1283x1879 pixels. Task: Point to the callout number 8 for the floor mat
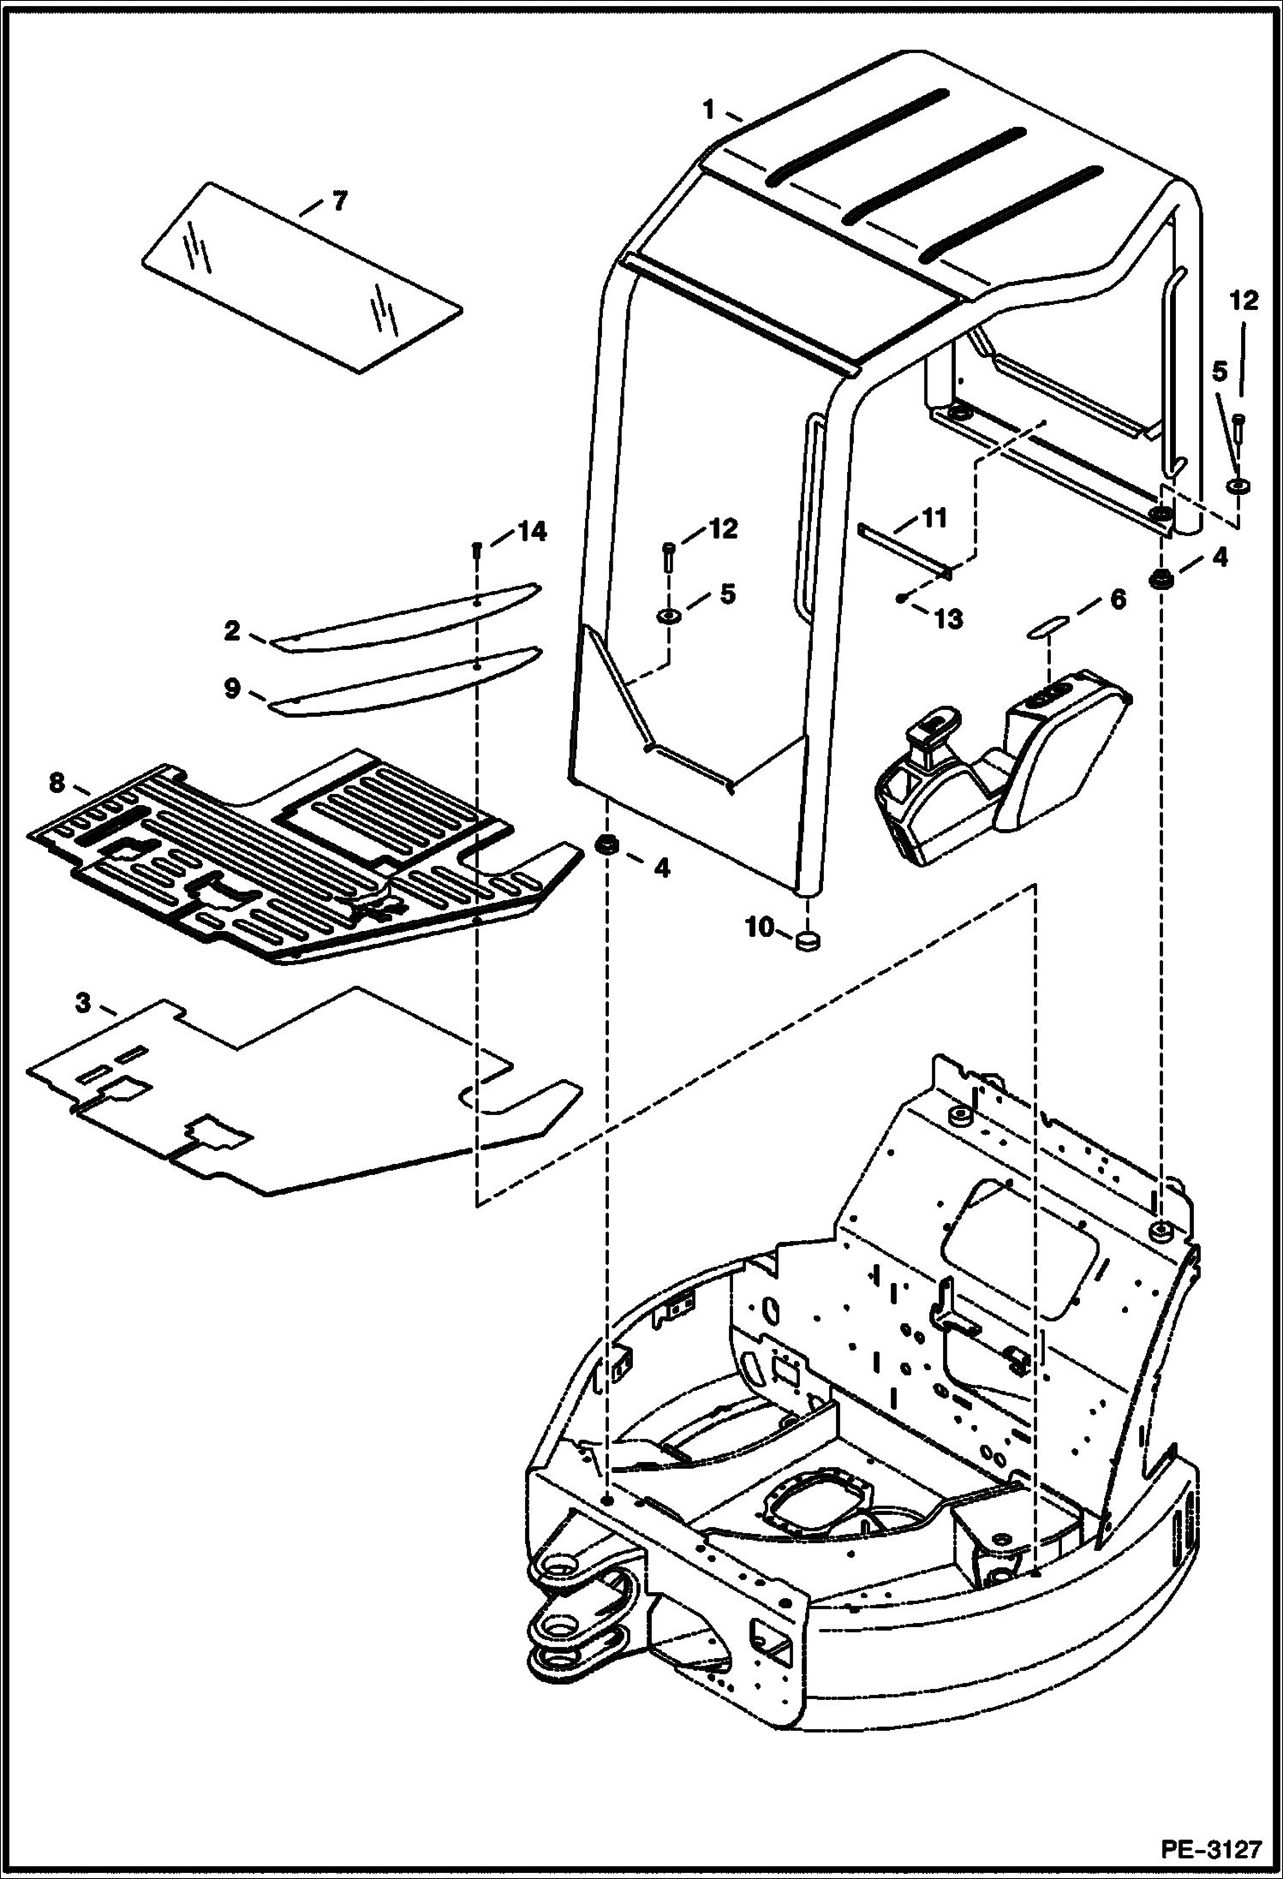pyautogui.click(x=57, y=781)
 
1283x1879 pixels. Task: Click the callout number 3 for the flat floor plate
pyautogui.click(x=82, y=1003)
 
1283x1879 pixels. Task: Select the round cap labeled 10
pyautogui.click(x=808, y=942)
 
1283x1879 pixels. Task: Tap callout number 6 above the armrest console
pyautogui.click(x=1118, y=600)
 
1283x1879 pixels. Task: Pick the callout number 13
pyautogui.click(x=948, y=618)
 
